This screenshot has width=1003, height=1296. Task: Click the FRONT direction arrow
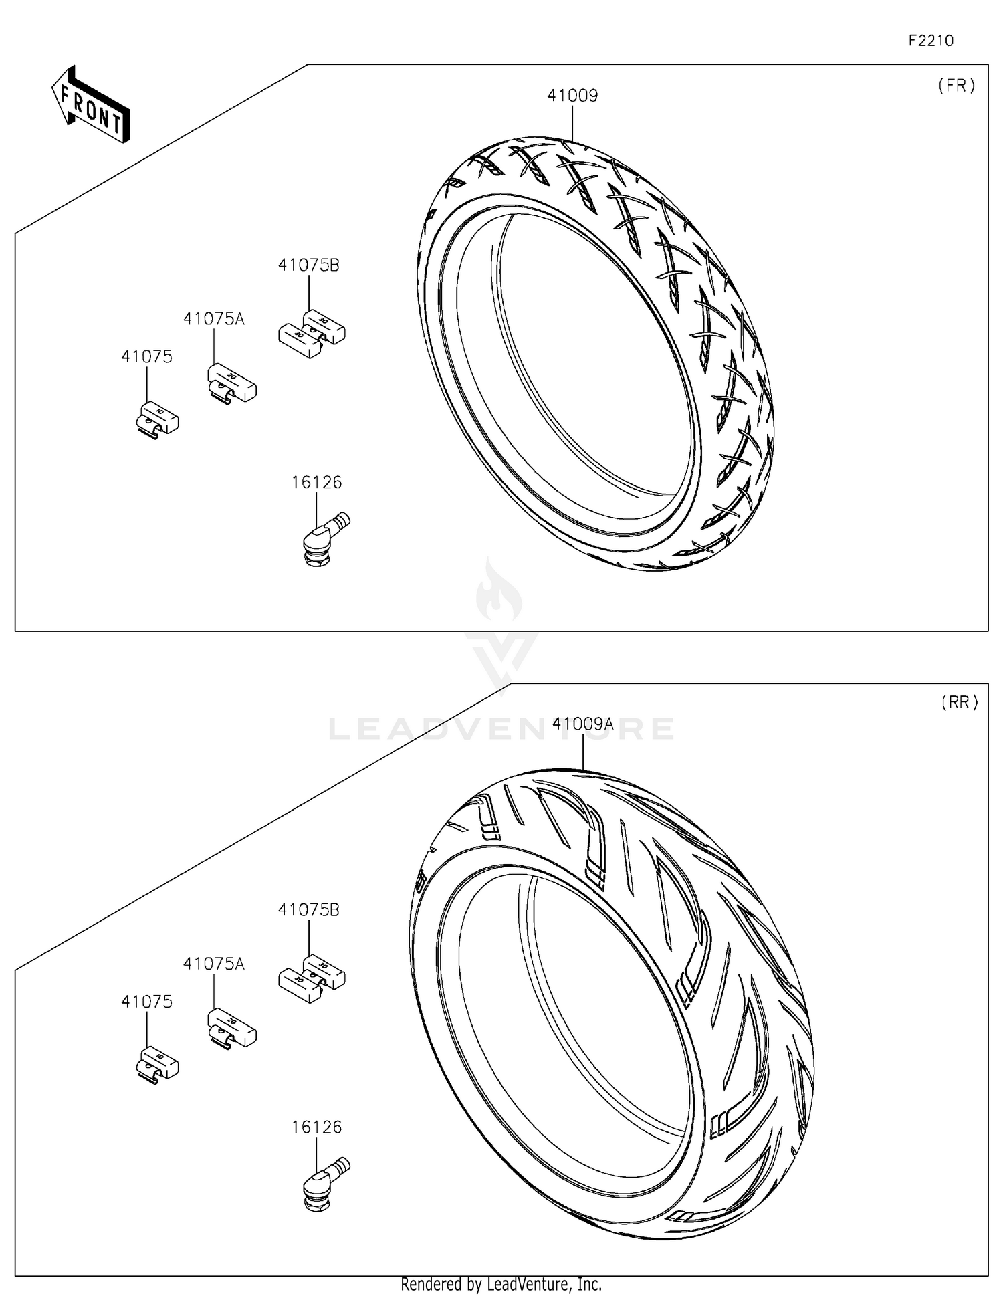[x=91, y=106]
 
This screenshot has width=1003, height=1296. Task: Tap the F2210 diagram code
[x=930, y=41]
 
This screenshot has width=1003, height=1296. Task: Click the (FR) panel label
[x=956, y=85]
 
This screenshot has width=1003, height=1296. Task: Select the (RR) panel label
[x=959, y=702]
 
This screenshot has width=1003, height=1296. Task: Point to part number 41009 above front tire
[x=572, y=96]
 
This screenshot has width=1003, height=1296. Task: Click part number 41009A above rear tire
[x=582, y=724]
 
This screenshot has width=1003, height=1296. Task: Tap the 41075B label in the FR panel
[x=308, y=265]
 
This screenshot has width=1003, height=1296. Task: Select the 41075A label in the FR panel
[x=213, y=319]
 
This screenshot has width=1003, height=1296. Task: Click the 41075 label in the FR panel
[x=146, y=357]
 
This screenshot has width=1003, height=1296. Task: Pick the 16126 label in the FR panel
[x=316, y=482]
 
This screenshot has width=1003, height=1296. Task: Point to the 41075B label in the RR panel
[x=308, y=910]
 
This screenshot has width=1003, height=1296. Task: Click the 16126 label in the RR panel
[x=316, y=1127]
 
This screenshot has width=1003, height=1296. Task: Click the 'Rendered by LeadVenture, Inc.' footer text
[x=501, y=1284]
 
